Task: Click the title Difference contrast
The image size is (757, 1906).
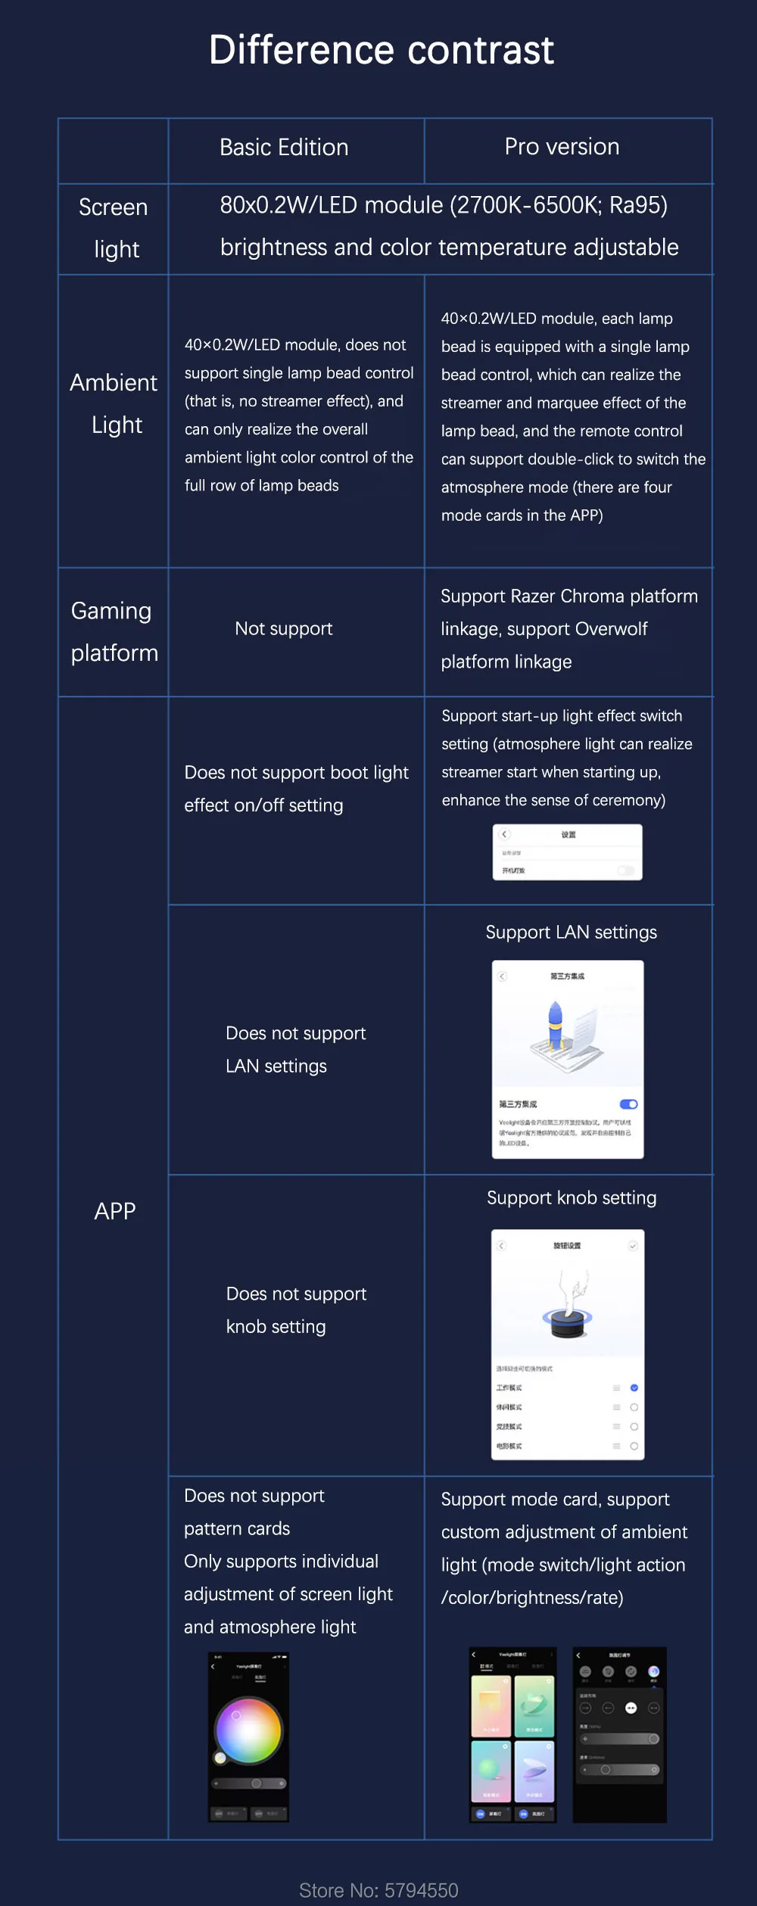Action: coord(381,50)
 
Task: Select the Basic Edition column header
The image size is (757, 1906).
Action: coord(284,147)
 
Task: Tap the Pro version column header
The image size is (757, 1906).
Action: coord(562,146)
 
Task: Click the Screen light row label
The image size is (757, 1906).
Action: coord(114,228)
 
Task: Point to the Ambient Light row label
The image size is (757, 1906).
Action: coord(114,403)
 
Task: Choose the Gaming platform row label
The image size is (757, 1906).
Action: coord(114,631)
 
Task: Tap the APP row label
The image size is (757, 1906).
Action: coord(115,1211)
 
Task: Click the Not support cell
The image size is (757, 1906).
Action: coord(283,628)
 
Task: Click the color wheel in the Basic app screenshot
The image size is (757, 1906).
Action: coord(248,1730)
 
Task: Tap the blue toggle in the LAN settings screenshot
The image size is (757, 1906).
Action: coord(628,1104)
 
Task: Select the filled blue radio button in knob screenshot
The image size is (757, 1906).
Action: coord(634,1387)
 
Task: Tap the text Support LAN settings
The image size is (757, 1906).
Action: coord(571,932)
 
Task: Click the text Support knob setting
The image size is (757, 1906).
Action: coord(572,1197)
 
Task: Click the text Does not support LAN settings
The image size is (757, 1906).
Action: coord(295,1049)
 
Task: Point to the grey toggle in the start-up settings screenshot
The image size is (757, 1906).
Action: coord(625,870)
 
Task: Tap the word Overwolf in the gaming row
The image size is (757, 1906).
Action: coord(611,628)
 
